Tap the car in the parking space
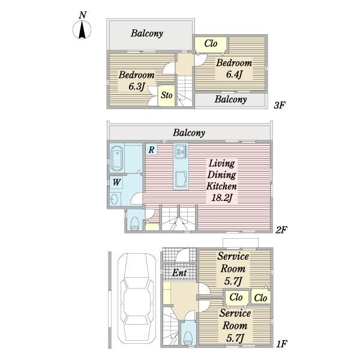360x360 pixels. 137,298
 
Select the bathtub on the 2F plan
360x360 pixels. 117,158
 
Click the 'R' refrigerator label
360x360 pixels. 151,149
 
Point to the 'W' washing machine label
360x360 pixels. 116,182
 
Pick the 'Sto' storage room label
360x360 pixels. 166,95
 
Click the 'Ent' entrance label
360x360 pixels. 179,273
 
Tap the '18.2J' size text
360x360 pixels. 222,197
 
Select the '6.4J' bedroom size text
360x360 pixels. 234,74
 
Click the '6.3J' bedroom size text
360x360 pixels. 137,86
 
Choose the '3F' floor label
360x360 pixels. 280,105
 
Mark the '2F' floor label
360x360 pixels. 281,230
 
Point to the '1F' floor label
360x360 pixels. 281,344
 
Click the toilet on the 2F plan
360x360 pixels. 134,223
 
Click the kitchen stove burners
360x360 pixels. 181,152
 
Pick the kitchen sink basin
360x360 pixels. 181,179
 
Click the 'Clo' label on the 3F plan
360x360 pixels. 211,43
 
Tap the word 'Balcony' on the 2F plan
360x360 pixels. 189,133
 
